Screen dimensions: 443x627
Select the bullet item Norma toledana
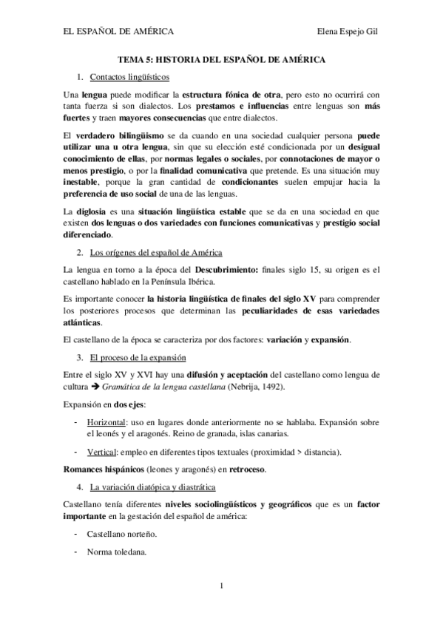116,552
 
